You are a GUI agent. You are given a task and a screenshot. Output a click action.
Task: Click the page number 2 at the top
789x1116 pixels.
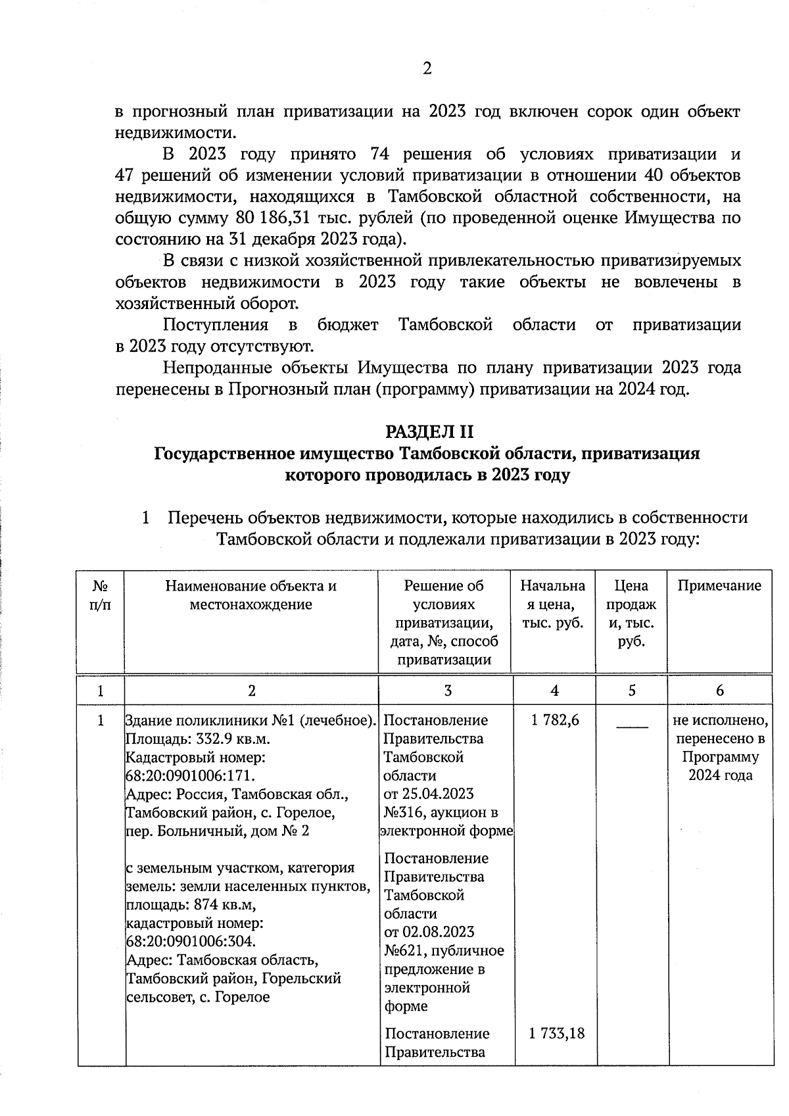427,68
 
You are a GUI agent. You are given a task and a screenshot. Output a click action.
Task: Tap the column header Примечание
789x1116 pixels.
719,586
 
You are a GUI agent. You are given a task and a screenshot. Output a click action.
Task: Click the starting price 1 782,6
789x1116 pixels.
555,720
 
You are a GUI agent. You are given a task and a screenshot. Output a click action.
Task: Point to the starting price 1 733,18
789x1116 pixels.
556,1033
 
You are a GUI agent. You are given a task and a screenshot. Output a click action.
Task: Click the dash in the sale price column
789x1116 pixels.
631,726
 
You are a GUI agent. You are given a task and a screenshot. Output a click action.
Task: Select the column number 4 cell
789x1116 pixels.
555,691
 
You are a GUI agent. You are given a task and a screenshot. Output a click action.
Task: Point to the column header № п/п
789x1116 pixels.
101,595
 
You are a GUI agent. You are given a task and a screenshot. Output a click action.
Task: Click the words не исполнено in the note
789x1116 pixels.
720,720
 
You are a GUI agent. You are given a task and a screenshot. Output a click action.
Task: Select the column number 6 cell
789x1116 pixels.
719,691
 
